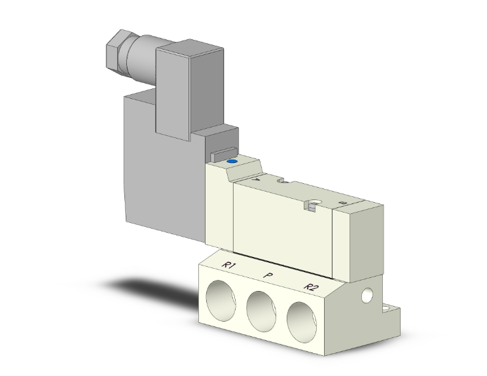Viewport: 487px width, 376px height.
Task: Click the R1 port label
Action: pyautogui.click(x=228, y=265)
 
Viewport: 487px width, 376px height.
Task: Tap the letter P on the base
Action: pyautogui.click(x=268, y=275)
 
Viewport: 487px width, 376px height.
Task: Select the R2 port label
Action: pyautogui.click(x=312, y=286)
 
